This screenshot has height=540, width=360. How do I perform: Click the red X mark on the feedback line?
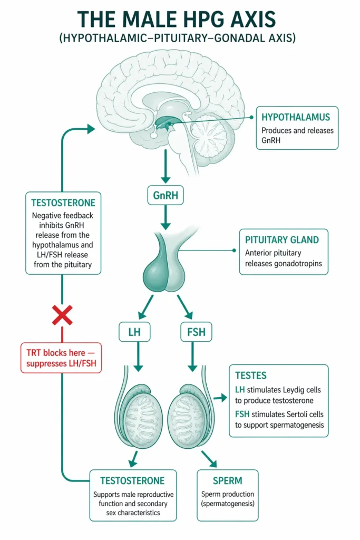(x=62, y=316)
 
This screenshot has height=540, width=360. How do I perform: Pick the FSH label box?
(x=196, y=332)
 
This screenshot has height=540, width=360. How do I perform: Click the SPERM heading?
(x=228, y=480)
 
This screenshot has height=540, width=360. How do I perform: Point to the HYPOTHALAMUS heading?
(x=296, y=117)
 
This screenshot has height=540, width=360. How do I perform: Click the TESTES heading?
(x=252, y=376)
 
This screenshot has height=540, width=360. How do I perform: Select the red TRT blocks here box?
(x=62, y=357)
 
